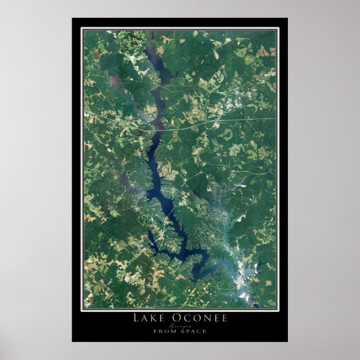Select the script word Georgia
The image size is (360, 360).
179,325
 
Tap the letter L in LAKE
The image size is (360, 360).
136,319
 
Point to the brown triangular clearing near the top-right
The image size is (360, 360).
263,51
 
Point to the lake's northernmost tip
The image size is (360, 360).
149,35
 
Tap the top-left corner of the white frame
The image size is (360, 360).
82,28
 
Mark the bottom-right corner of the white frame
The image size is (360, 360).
278,309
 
